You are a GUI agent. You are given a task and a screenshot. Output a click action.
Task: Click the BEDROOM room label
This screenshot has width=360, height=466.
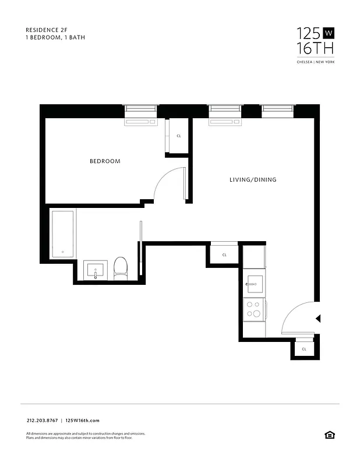click(x=105, y=161)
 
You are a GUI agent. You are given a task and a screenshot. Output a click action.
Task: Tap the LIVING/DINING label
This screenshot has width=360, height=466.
click(x=252, y=180)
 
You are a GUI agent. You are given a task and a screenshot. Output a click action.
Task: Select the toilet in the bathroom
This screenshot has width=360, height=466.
click(x=121, y=269)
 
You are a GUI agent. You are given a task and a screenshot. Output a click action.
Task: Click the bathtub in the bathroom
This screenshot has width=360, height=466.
click(x=62, y=234)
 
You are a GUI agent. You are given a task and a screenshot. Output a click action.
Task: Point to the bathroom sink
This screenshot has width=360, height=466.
click(x=95, y=271)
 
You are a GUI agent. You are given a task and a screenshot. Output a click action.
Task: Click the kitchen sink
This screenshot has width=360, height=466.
click(x=254, y=285)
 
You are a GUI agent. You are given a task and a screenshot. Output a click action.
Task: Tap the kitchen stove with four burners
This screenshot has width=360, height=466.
click(x=254, y=309)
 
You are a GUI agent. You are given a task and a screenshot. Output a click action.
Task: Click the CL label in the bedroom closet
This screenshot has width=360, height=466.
click(x=178, y=136)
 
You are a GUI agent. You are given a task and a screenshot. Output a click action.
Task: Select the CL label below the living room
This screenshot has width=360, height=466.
click(x=224, y=255)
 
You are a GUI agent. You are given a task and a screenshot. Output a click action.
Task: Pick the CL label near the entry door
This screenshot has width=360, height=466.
click(x=304, y=349)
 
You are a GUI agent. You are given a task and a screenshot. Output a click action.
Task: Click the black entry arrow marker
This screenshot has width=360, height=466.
click(x=317, y=319)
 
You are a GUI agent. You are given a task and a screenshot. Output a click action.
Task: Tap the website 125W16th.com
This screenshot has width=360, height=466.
click(x=83, y=421)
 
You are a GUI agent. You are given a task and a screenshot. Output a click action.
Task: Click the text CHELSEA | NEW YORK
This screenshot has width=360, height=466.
click(x=316, y=62)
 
